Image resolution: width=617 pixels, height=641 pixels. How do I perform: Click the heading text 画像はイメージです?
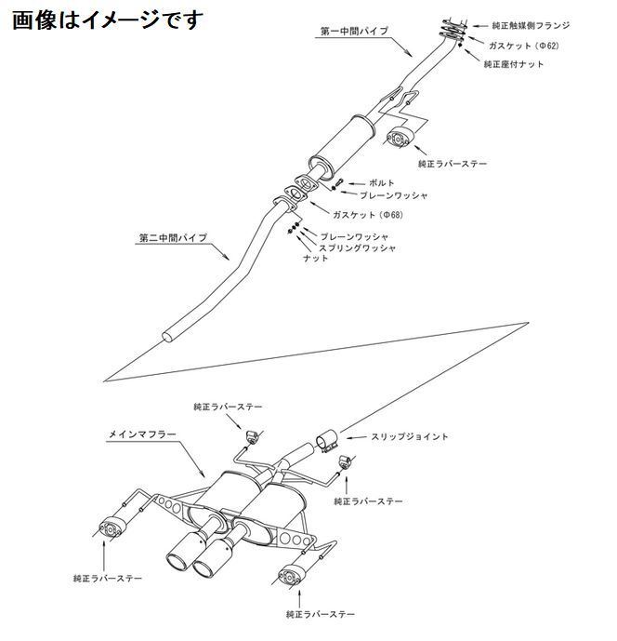(106, 19)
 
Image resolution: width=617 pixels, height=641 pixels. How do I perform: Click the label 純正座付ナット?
(515, 64)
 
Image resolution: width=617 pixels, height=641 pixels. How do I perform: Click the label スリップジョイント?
(410, 436)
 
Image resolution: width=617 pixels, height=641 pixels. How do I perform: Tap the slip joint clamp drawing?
(325, 439)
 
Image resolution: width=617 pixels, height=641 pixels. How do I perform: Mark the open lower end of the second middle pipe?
(171, 334)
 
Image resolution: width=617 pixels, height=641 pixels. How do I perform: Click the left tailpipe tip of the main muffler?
(177, 560)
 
